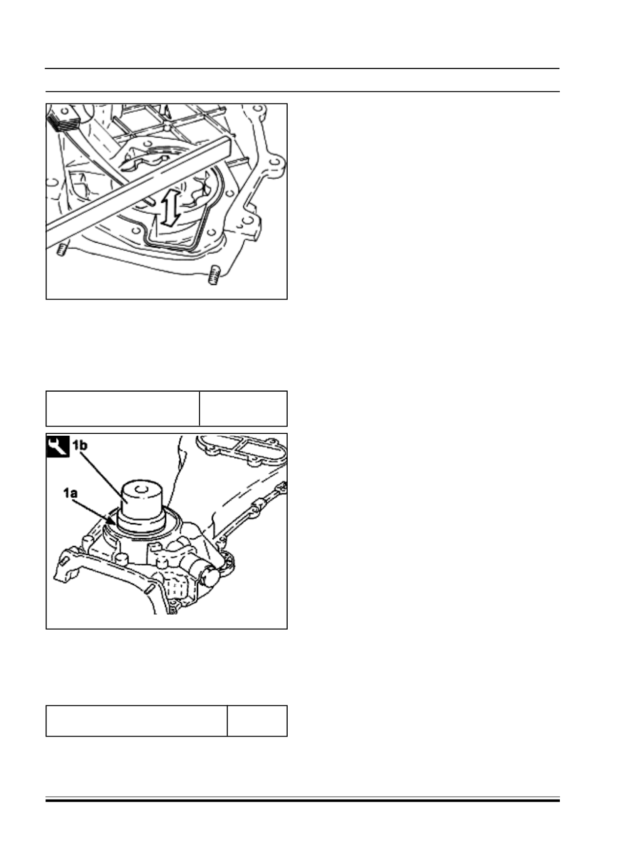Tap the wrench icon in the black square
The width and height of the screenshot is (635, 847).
58,446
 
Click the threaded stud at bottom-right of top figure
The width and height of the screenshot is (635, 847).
213,275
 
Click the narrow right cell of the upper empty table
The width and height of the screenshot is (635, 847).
243,408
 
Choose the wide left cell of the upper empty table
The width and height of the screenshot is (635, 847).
123,408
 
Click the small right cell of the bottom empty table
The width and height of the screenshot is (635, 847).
257,720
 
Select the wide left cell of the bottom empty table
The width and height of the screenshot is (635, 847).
137,720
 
